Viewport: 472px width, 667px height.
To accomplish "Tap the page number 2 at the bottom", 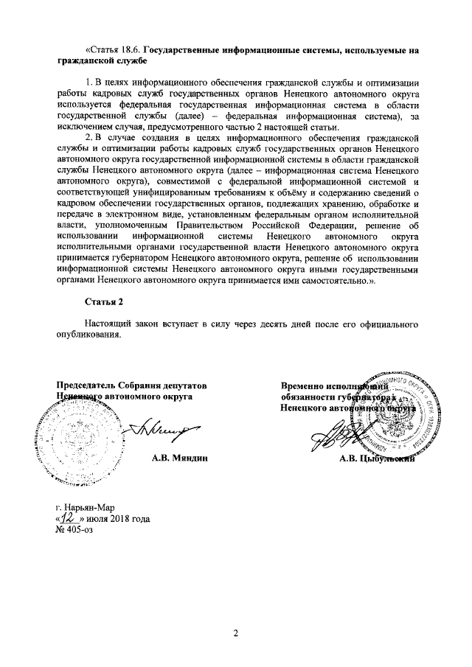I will click(x=236, y=633).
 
